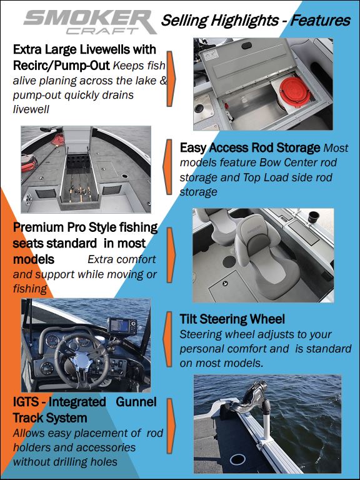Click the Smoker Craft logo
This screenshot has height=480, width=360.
pos(90,22)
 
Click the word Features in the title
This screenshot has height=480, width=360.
pos(320,21)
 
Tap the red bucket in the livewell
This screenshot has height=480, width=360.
pos(295,91)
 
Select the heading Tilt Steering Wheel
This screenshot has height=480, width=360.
pos(232,319)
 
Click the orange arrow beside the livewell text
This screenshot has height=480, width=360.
pos(171,79)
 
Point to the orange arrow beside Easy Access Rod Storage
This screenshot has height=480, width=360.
pos(168,167)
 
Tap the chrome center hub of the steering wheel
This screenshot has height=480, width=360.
pos(82,361)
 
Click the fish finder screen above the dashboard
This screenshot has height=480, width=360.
pos(120,326)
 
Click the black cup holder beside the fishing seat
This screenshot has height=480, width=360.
pos(314,217)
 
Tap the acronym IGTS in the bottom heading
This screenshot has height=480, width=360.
pos(26,402)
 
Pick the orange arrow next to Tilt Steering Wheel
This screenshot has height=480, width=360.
pos(168,339)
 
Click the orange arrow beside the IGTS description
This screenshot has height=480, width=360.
pos(171,426)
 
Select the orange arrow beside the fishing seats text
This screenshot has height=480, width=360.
pos(171,255)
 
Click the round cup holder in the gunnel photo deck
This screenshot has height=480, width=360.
pos(237,459)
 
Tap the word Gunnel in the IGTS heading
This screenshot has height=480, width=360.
pos(136,402)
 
